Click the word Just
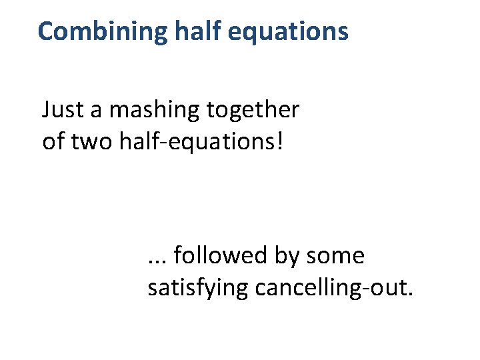(61, 109)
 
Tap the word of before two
(52, 142)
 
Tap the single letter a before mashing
(97, 111)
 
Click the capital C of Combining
(46, 31)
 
